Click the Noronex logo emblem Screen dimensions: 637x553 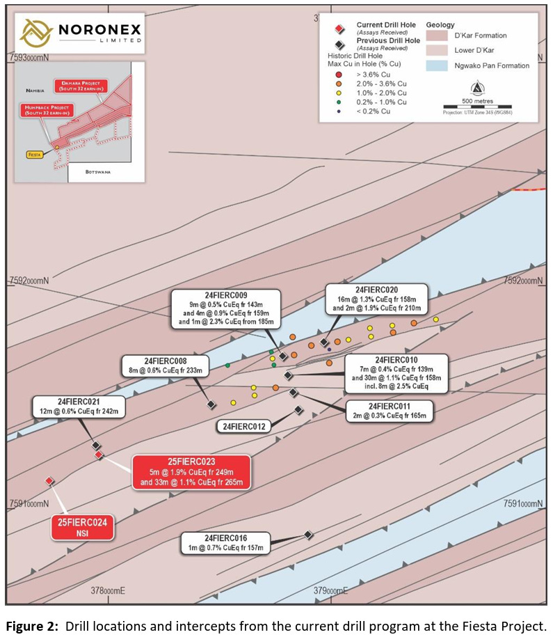click(35, 32)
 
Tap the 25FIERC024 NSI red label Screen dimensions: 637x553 click(83, 528)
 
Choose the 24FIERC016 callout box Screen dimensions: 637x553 click(225, 543)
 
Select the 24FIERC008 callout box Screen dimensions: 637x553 click(166, 366)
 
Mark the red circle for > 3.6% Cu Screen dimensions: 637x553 click(338, 74)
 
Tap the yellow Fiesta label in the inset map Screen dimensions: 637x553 click(34, 155)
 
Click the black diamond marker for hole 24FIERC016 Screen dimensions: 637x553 click(308, 535)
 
